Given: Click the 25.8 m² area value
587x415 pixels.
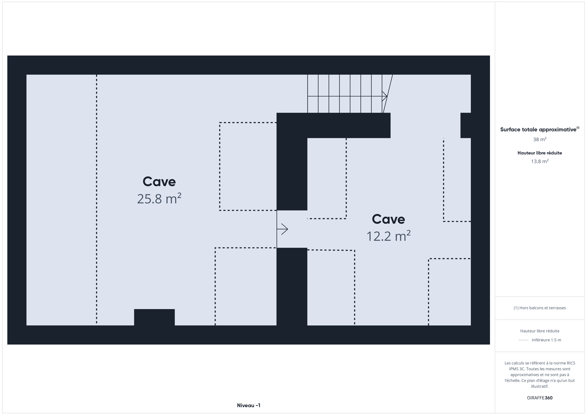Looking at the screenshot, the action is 159,199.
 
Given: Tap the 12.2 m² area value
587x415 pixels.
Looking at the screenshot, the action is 388,236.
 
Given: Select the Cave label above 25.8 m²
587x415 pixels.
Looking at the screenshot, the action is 159,182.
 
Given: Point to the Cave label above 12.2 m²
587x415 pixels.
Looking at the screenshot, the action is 388,219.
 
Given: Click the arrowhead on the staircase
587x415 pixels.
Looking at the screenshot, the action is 385,96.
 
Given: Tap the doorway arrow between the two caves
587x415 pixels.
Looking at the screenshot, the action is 282,229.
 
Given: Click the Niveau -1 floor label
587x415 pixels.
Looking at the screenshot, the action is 249,405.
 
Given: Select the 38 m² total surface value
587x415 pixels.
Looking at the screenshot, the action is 540,139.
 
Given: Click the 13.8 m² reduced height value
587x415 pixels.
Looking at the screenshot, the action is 540,161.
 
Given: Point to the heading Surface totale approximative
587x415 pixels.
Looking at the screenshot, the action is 538,130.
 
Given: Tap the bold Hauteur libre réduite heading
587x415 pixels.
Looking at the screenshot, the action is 540,153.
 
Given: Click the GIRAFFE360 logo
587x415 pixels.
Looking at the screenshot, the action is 540,398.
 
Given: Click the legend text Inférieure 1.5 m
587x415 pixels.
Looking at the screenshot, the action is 546,340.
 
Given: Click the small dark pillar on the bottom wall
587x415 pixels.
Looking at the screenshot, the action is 154,317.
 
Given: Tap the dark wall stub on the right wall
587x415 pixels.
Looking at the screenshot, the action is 466,125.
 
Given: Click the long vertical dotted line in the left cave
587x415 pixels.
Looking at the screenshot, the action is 97,199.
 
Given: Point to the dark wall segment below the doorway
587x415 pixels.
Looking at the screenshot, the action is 292,287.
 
